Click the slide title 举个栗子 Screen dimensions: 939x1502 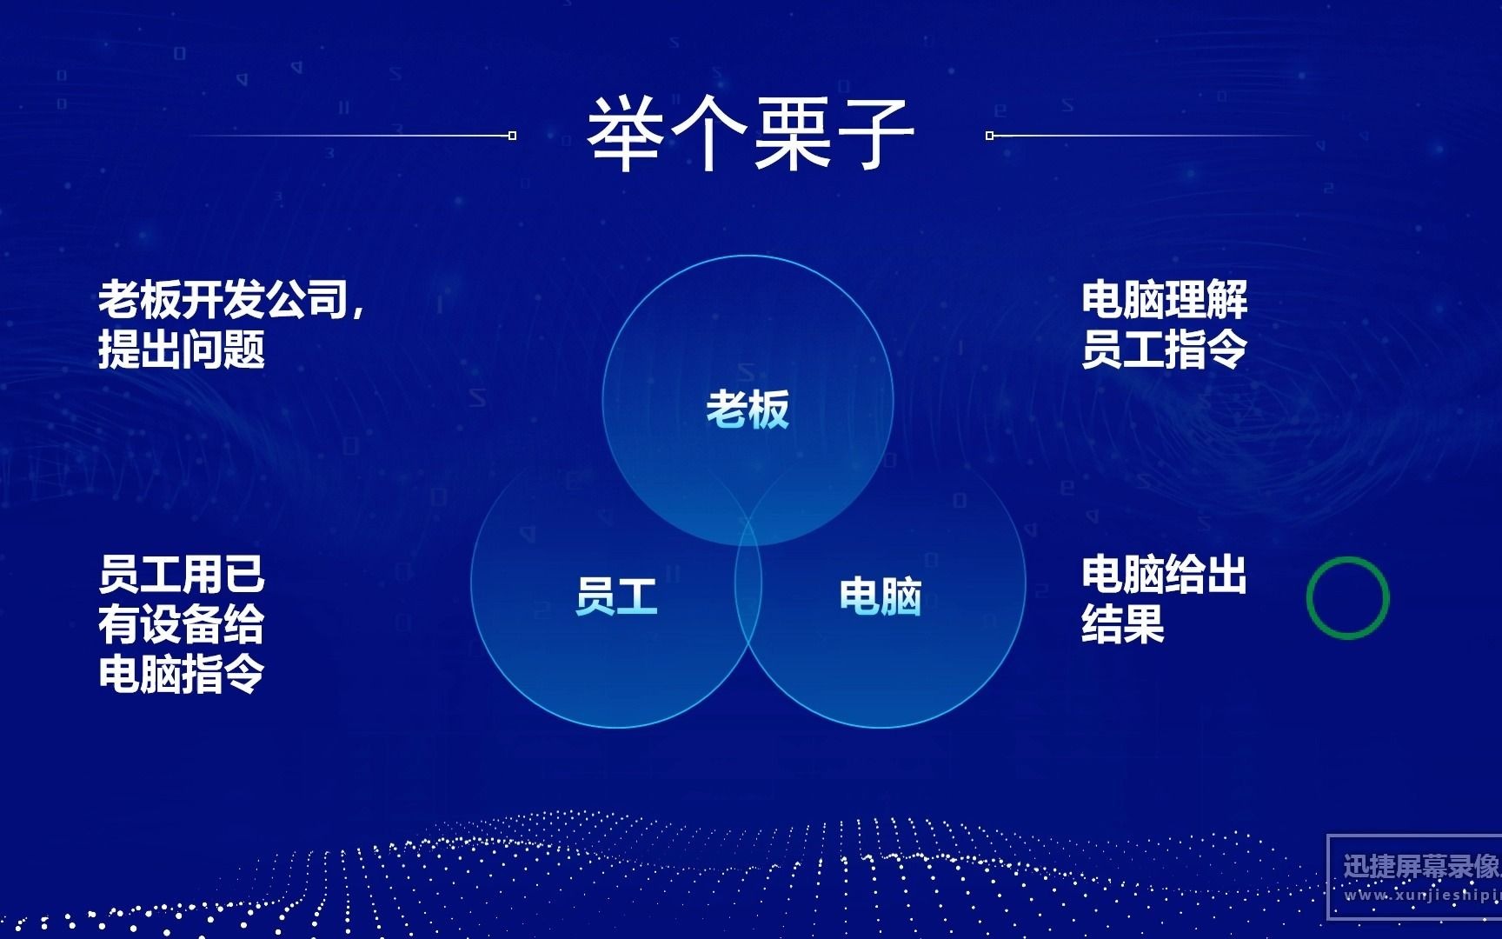[750, 134]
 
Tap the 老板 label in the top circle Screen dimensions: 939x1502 [747, 410]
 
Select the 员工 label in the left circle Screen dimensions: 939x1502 [615, 596]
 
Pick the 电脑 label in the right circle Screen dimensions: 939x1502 [880, 596]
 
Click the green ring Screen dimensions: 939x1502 [1347, 598]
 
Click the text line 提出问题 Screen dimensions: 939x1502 [181, 350]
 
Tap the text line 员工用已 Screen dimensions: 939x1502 [181, 575]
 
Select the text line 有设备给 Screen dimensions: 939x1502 [181, 624]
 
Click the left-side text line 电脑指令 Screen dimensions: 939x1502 [181, 674]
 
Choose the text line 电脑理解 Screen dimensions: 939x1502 [1164, 301]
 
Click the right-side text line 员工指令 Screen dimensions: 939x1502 [1164, 350]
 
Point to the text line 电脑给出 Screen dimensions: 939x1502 [1164, 575]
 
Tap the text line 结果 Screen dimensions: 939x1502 [1122, 624]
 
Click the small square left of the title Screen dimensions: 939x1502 [513, 136]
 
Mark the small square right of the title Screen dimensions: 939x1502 [989, 136]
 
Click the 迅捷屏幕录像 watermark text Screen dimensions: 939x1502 [1421, 866]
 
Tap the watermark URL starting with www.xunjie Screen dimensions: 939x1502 [1422, 895]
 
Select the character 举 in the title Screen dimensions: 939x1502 [628, 134]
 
